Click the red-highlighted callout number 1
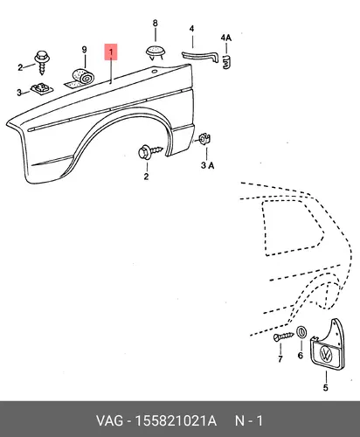pyautogui.click(x=111, y=52)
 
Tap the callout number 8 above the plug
pyautogui.click(x=156, y=23)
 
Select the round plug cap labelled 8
pyautogui.click(x=156, y=52)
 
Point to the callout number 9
pyautogui.click(x=84, y=50)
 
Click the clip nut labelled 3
pyautogui.click(x=42, y=88)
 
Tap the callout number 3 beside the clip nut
pyautogui.click(x=19, y=93)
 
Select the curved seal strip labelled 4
pyautogui.click(x=201, y=56)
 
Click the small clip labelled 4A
pyautogui.click(x=226, y=62)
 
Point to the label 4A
pyautogui.click(x=225, y=38)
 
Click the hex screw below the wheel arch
pyautogui.click(x=149, y=151)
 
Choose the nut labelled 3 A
pyautogui.click(x=204, y=139)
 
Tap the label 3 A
pyautogui.click(x=207, y=165)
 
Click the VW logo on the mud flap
pyautogui.click(x=326, y=354)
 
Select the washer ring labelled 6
pyautogui.click(x=301, y=332)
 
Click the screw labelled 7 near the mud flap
pyautogui.click(x=284, y=336)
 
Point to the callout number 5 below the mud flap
pyautogui.click(x=326, y=387)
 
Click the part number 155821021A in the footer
pyautogui.click(x=176, y=420)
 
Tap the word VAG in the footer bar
pyautogui.click(x=109, y=420)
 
